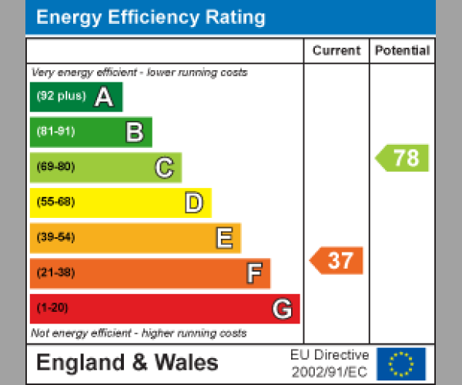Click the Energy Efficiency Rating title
(151, 18)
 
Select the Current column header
(336, 51)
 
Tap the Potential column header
(402, 51)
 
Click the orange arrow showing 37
(337, 261)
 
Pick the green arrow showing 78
(403, 157)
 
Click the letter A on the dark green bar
(104, 97)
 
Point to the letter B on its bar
(134, 132)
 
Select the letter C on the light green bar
(164, 168)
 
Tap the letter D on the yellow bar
(193, 203)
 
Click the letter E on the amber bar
(223, 239)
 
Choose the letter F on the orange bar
(253, 273)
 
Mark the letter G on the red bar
(283, 309)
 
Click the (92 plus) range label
(61, 97)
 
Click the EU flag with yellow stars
(401, 363)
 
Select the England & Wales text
(127, 363)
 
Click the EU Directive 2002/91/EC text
(330, 363)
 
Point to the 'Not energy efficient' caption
(139, 333)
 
